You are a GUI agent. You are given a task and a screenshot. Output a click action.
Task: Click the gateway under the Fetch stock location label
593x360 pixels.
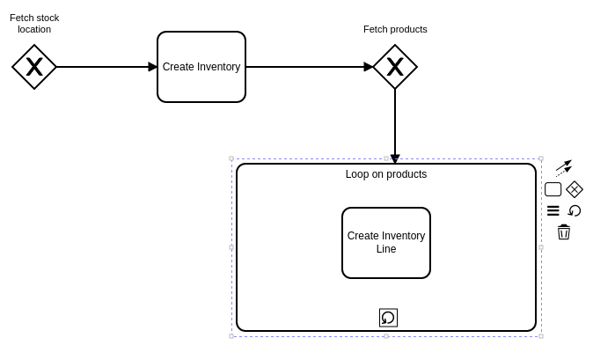coord(34,67)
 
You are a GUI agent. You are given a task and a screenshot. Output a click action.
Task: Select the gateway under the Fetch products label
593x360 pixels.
coord(395,67)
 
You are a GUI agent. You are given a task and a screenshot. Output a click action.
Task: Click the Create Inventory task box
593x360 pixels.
coord(201,67)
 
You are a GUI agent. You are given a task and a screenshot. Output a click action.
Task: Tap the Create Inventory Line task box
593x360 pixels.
coord(386,243)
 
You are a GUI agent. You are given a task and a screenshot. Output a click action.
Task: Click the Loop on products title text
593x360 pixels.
coord(386,174)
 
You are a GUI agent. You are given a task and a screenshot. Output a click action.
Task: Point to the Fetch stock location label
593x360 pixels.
coord(34,24)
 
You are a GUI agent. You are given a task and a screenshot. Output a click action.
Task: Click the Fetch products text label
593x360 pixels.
coord(395,29)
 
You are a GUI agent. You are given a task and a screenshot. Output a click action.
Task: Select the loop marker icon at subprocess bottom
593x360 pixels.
coord(388,318)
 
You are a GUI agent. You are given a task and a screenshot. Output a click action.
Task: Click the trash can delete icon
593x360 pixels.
coord(564,232)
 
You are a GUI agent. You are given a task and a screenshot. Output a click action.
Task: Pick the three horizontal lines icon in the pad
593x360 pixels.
coord(553,211)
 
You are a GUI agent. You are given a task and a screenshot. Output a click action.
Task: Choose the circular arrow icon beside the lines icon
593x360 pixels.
coord(575,211)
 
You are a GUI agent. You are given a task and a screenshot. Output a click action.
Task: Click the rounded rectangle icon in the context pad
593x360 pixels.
coord(553,189)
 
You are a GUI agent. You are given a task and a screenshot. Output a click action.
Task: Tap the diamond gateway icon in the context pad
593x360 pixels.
coord(575,189)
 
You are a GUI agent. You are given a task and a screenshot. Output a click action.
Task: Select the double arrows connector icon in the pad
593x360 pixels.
coord(564,167)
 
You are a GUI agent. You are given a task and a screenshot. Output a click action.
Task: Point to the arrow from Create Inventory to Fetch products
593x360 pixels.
coord(308,67)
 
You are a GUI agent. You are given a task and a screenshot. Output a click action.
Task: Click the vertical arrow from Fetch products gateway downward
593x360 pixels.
coord(395,123)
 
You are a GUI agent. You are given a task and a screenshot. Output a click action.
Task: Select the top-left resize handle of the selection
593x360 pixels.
coord(231,159)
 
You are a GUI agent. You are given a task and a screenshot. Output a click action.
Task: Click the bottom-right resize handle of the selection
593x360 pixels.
coord(541,336)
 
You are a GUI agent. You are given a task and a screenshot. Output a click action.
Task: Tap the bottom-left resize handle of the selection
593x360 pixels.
coord(231,336)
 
